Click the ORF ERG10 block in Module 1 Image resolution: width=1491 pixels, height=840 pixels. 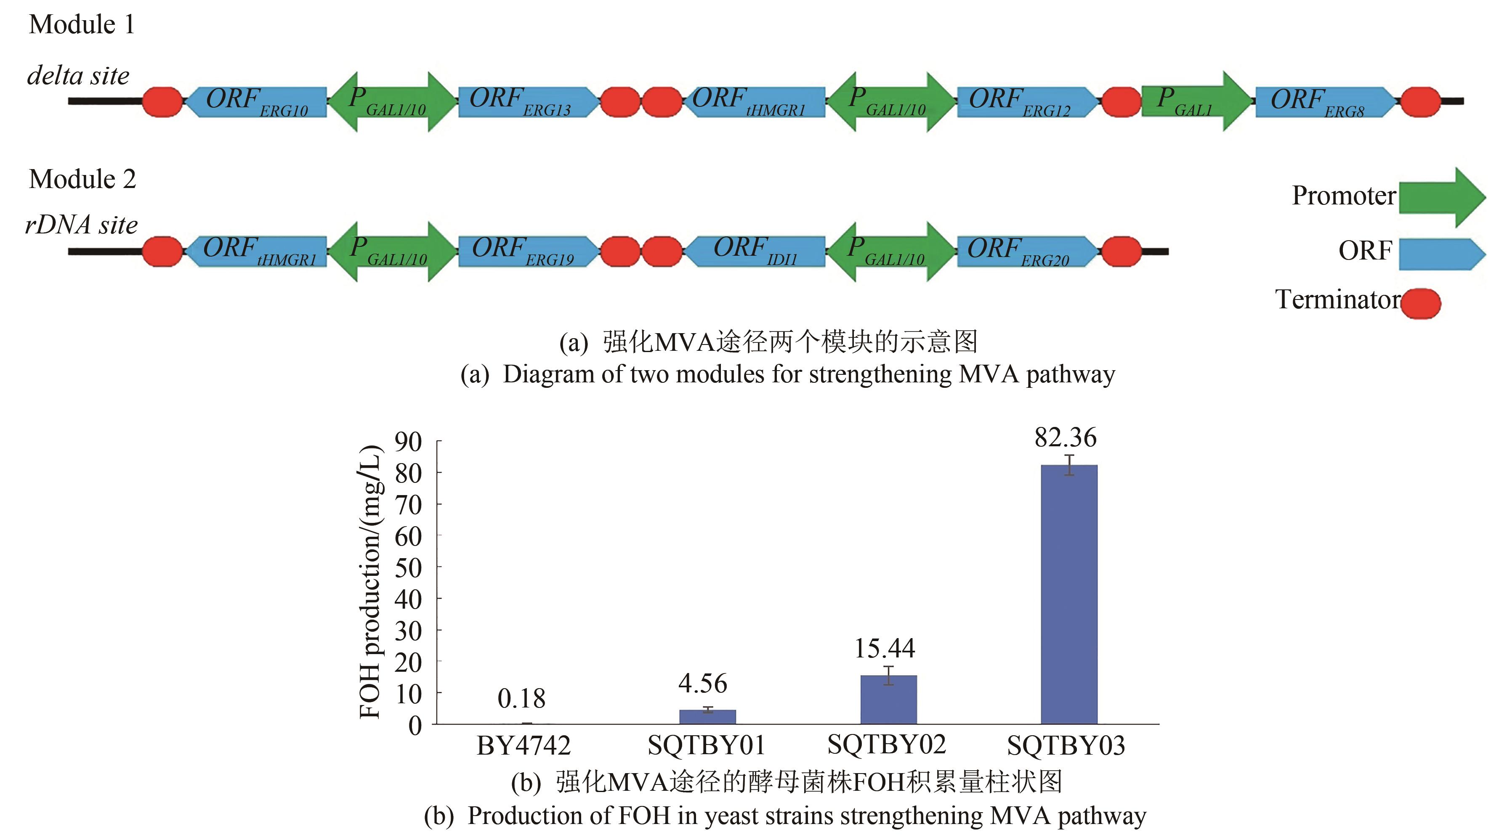256,102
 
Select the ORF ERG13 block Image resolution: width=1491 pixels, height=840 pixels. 527,102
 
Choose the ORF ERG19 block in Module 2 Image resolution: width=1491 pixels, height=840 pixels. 527,252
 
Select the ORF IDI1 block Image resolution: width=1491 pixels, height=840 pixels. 755,252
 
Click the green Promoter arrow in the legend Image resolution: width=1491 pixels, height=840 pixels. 1441,198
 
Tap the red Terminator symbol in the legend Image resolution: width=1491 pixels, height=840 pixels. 1421,303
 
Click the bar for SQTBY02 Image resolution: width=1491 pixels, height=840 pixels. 888,700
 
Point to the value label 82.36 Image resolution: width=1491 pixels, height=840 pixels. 1066,438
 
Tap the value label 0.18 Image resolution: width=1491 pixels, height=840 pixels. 521,699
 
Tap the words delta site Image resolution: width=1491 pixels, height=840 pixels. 79,76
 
